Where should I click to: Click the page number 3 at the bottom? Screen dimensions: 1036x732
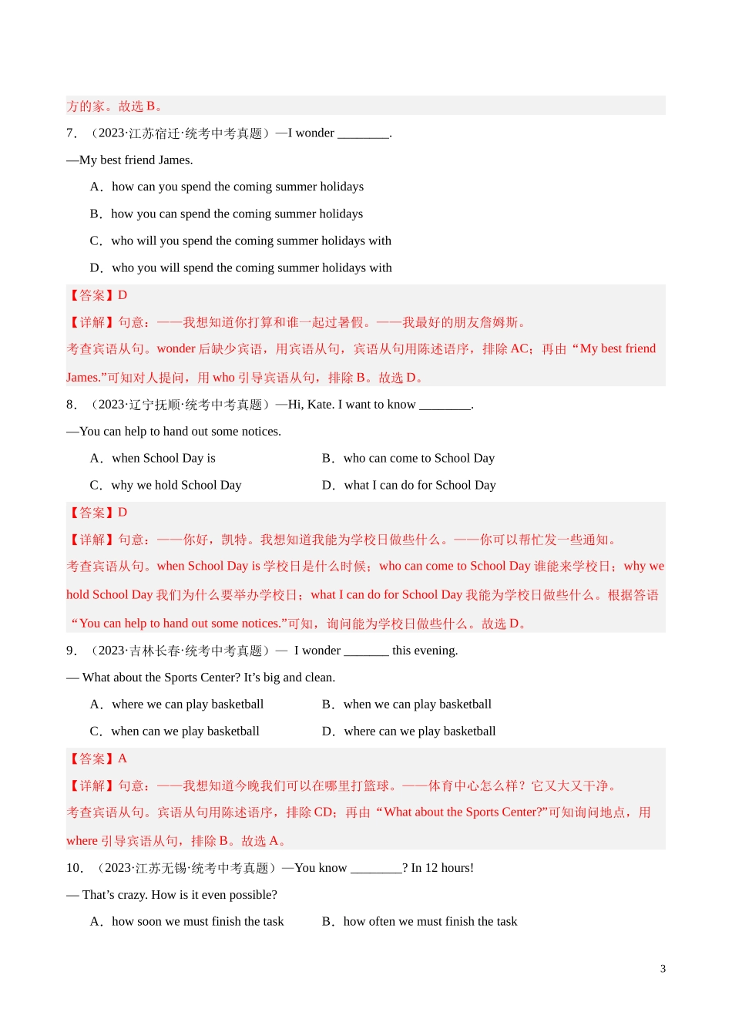(x=663, y=969)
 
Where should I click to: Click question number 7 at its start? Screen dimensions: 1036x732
(x=72, y=133)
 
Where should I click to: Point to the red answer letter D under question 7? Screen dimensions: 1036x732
(x=123, y=295)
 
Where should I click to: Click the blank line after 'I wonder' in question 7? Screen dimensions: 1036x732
(x=364, y=134)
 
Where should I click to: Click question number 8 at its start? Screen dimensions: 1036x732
(x=72, y=405)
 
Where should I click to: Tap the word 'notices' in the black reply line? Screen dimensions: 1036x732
(x=258, y=432)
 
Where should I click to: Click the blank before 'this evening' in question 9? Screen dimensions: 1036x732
(x=366, y=651)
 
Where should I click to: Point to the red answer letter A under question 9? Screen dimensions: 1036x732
(x=123, y=758)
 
